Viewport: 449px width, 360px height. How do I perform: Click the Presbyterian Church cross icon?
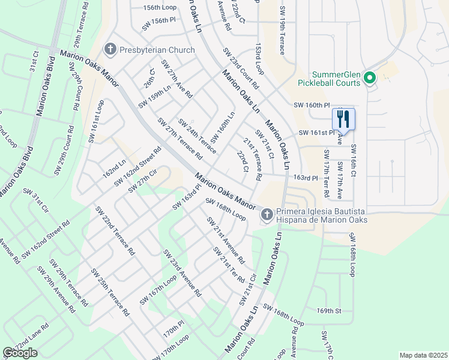click(x=110, y=49)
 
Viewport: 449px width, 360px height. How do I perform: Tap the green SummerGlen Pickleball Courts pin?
click(x=370, y=78)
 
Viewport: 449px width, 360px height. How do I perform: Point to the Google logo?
click(x=20, y=353)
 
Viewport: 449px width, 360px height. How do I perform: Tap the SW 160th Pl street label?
click(x=312, y=104)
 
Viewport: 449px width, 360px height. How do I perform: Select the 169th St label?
click(x=329, y=311)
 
